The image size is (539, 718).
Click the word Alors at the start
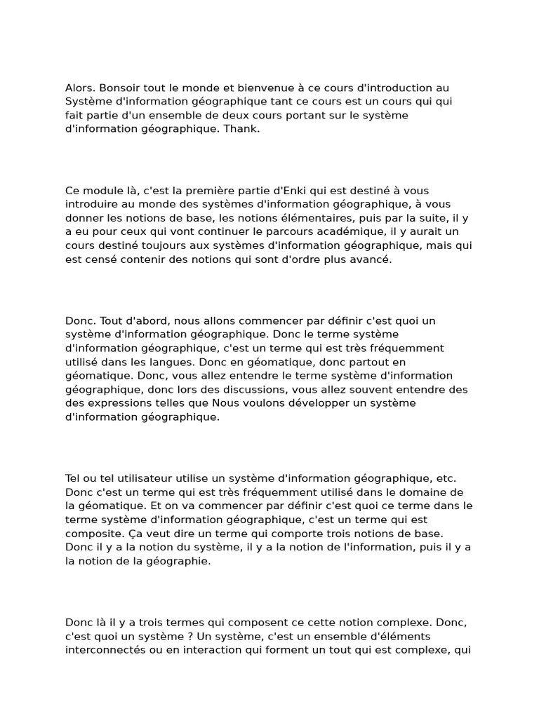point(80,88)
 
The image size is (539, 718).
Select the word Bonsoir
point(120,88)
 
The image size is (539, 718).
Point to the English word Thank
point(242,129)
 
